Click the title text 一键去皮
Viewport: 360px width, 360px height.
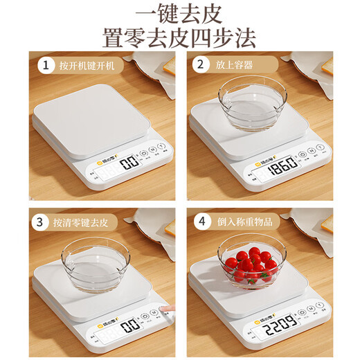180,15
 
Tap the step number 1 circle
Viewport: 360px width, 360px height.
46,66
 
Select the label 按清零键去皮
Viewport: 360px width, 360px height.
88,222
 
